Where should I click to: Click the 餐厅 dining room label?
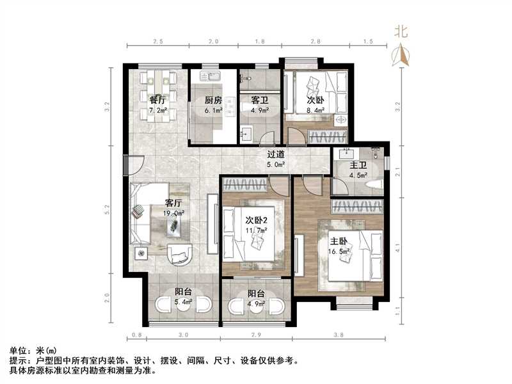pyautogui.click(x=158, y=100)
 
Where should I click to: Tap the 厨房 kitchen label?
pyautogui.click(x=213, y=100)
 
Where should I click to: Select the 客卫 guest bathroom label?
pyautogui.click(x=259, y=100)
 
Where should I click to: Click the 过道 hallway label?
pyautogui.click(x=276, y=154)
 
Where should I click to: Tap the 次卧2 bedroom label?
pyautogui.click(x=258, y=221)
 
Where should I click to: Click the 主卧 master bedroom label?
pyautogui.click(x=339, y=242)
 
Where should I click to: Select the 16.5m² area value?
pyautogui.click(x=339, y=252)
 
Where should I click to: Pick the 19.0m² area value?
pyautogui.click(x=175, y=214)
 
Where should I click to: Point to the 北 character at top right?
pyautogui.click(x=402, y=31)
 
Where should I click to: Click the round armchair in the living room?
pyautogui.click(x=180, y=254)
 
